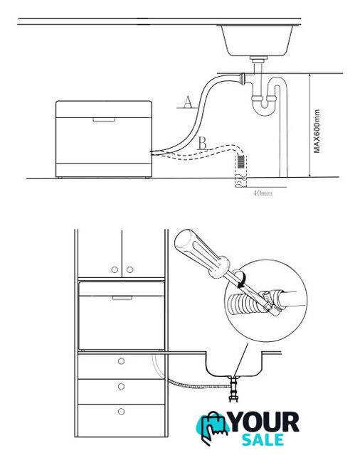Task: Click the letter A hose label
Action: click(x=188, y=102)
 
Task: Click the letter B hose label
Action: click(x=202, y=143)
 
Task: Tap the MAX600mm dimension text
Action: click(x=317, y=131)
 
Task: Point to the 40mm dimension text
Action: click(x=263, y=193)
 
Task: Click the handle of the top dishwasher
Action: click(x=104, y=120)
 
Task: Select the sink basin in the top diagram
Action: click(x=257, y=41)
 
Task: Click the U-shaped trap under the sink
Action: click(x=264, y=106)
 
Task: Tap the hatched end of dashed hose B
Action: click(x=240, y=162)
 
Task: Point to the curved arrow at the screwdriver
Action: click(x=242, y=279)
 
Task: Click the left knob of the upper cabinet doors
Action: click(x=115, y=269)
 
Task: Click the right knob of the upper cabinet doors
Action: click(x=129, y=269)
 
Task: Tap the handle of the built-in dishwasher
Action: click(x=122, y=298)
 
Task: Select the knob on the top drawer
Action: click(x=121, y=361)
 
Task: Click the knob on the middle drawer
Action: click(x=121, y=387)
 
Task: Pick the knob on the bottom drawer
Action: click(x=121, y=412)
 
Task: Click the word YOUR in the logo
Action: click(x=264, y=422)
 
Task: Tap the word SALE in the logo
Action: click(x=263, y=440)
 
